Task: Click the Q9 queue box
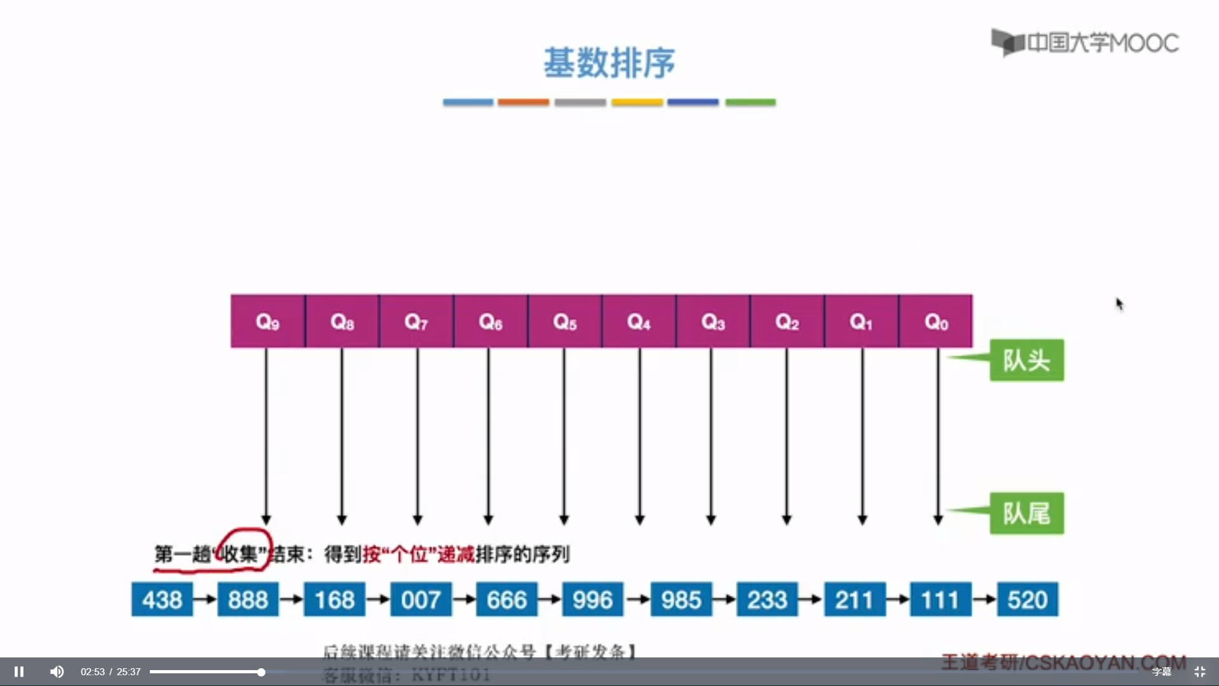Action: [267, 321]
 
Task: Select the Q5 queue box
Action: [564, 321]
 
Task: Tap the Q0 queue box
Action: [936, 321]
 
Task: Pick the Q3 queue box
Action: [713, 321]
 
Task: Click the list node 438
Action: [162, 600]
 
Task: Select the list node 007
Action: [420, 600]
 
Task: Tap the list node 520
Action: [1027, 600]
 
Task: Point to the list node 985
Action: [681, 600]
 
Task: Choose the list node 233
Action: [767, 600]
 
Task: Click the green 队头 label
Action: [1027, 360]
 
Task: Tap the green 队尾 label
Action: [1027, 513]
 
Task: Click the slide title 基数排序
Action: [609, 63]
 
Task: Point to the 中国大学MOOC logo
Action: [1085, 43]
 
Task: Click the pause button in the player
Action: [19, 671]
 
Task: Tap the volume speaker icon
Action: [57, 671]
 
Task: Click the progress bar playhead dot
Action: [261, 671]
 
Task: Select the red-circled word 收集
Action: [240, 554]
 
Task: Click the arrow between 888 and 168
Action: [291, 599]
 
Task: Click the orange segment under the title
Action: [523, 102]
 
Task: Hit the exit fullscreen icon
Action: [1199, 671]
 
